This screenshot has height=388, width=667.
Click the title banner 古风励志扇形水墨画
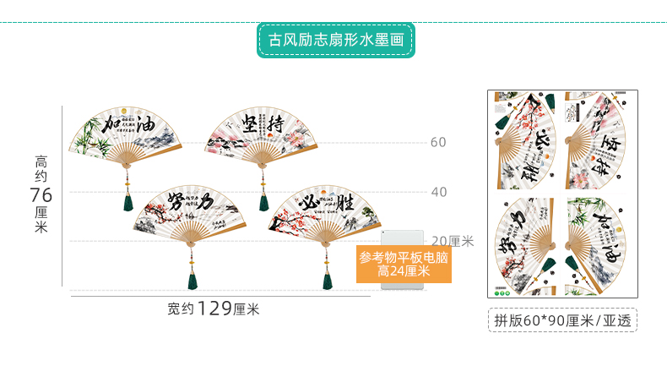point(335,39)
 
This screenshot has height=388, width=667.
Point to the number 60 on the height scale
point(438,142)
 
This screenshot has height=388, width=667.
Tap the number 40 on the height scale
point(438,192)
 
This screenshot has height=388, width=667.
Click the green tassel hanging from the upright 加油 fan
point(128,202)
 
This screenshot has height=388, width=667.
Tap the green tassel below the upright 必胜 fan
point(327,278)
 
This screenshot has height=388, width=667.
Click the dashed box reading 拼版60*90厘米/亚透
point(562,320)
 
